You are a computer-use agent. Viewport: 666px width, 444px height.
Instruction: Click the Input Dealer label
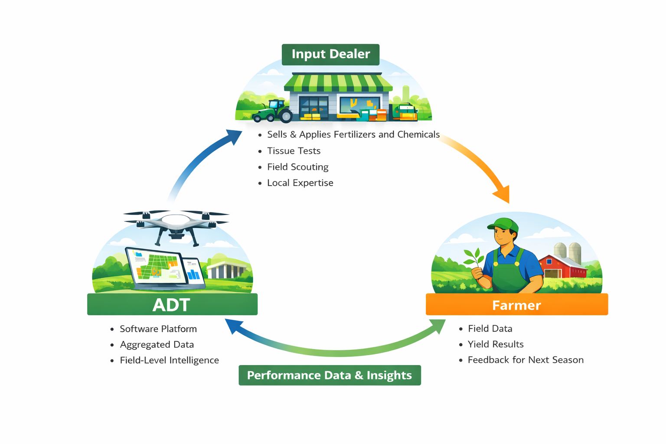tap(330, 54)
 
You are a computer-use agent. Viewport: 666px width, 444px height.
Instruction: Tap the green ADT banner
tap(172, 304)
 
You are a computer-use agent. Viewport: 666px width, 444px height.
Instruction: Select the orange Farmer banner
tap(516, 304)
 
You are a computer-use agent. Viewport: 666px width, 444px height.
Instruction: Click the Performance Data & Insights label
tap(330, 375)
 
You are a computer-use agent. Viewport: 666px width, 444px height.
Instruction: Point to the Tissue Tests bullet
tap(294, 151)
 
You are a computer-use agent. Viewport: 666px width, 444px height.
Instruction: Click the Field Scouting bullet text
tap(297, 167)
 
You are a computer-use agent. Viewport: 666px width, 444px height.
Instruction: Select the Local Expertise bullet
tap(300, 183)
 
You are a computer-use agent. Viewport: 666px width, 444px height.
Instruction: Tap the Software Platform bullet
tap(158, 329)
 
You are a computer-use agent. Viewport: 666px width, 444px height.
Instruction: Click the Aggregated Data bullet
tap(157, 345)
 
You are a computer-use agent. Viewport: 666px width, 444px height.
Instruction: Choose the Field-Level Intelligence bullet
tap(169, 360)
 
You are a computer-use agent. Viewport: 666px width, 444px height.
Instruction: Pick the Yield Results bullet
tap(496, 344)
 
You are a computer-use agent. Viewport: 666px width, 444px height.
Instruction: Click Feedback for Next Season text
tap(526, 360)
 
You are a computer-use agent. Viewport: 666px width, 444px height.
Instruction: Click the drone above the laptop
tap(176, 224)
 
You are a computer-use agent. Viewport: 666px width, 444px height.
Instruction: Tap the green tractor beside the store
tap(274, 111)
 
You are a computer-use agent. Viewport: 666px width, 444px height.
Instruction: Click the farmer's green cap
tap(504, 225)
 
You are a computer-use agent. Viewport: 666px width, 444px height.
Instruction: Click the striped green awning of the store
tap(338, 82)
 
